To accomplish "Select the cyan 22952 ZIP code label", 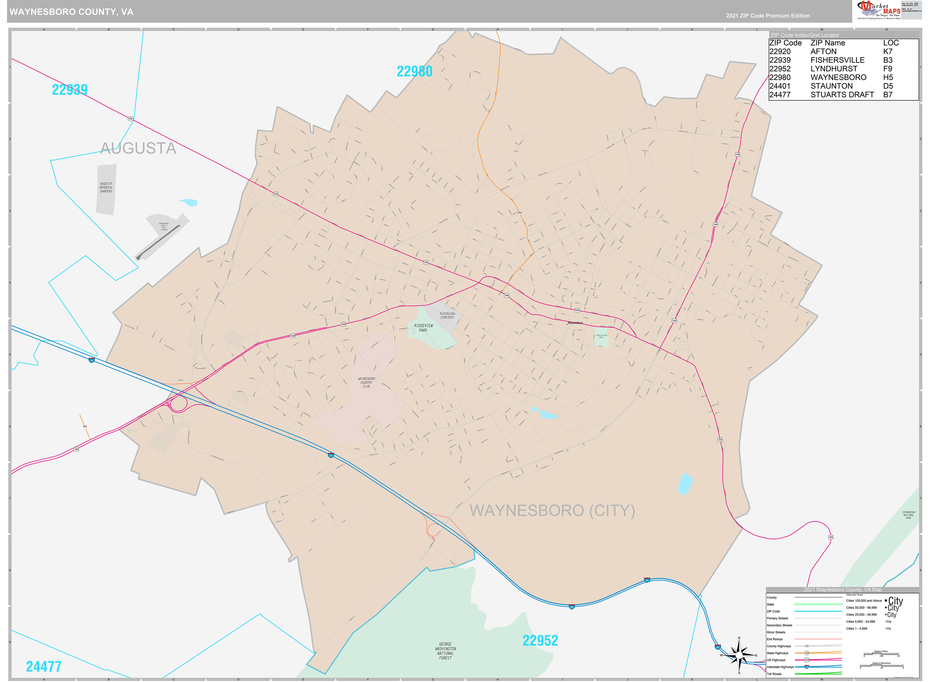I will pyautogui.click(x=540, y=640).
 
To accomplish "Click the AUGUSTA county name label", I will pyautogui.click(x=138, y=148).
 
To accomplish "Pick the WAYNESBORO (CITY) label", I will pyautogui.click(x=552, y=511).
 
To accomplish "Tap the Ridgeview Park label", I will pyautogui.click(x=423, y=328).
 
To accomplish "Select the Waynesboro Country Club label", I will pyautogui.click(x=366, y=382).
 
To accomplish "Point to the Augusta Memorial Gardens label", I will pyautogui.click(x=106, y=188).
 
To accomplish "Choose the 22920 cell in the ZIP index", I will pyautogui.click(x=779, y=52).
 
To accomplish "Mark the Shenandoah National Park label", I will pyautogui.click(x=908, y=515).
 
